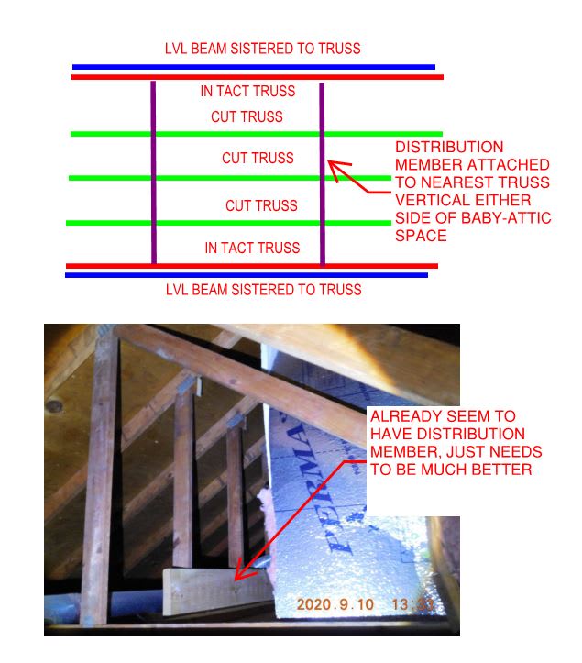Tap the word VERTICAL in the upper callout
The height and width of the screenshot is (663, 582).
pos(426,201)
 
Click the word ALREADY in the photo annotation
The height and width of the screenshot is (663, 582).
pos(402,415)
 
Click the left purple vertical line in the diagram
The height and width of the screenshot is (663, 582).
pos(153,173)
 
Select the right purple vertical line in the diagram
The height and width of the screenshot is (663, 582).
pos(322,173)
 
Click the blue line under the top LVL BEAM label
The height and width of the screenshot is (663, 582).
pos(253,67)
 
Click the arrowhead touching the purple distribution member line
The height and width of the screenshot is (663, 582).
pos(334,168)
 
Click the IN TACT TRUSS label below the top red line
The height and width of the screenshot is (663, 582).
pos(247,92)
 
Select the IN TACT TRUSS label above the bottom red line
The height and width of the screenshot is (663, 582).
pos(251,248)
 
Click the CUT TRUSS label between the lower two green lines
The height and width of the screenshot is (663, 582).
pos(262,205)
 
